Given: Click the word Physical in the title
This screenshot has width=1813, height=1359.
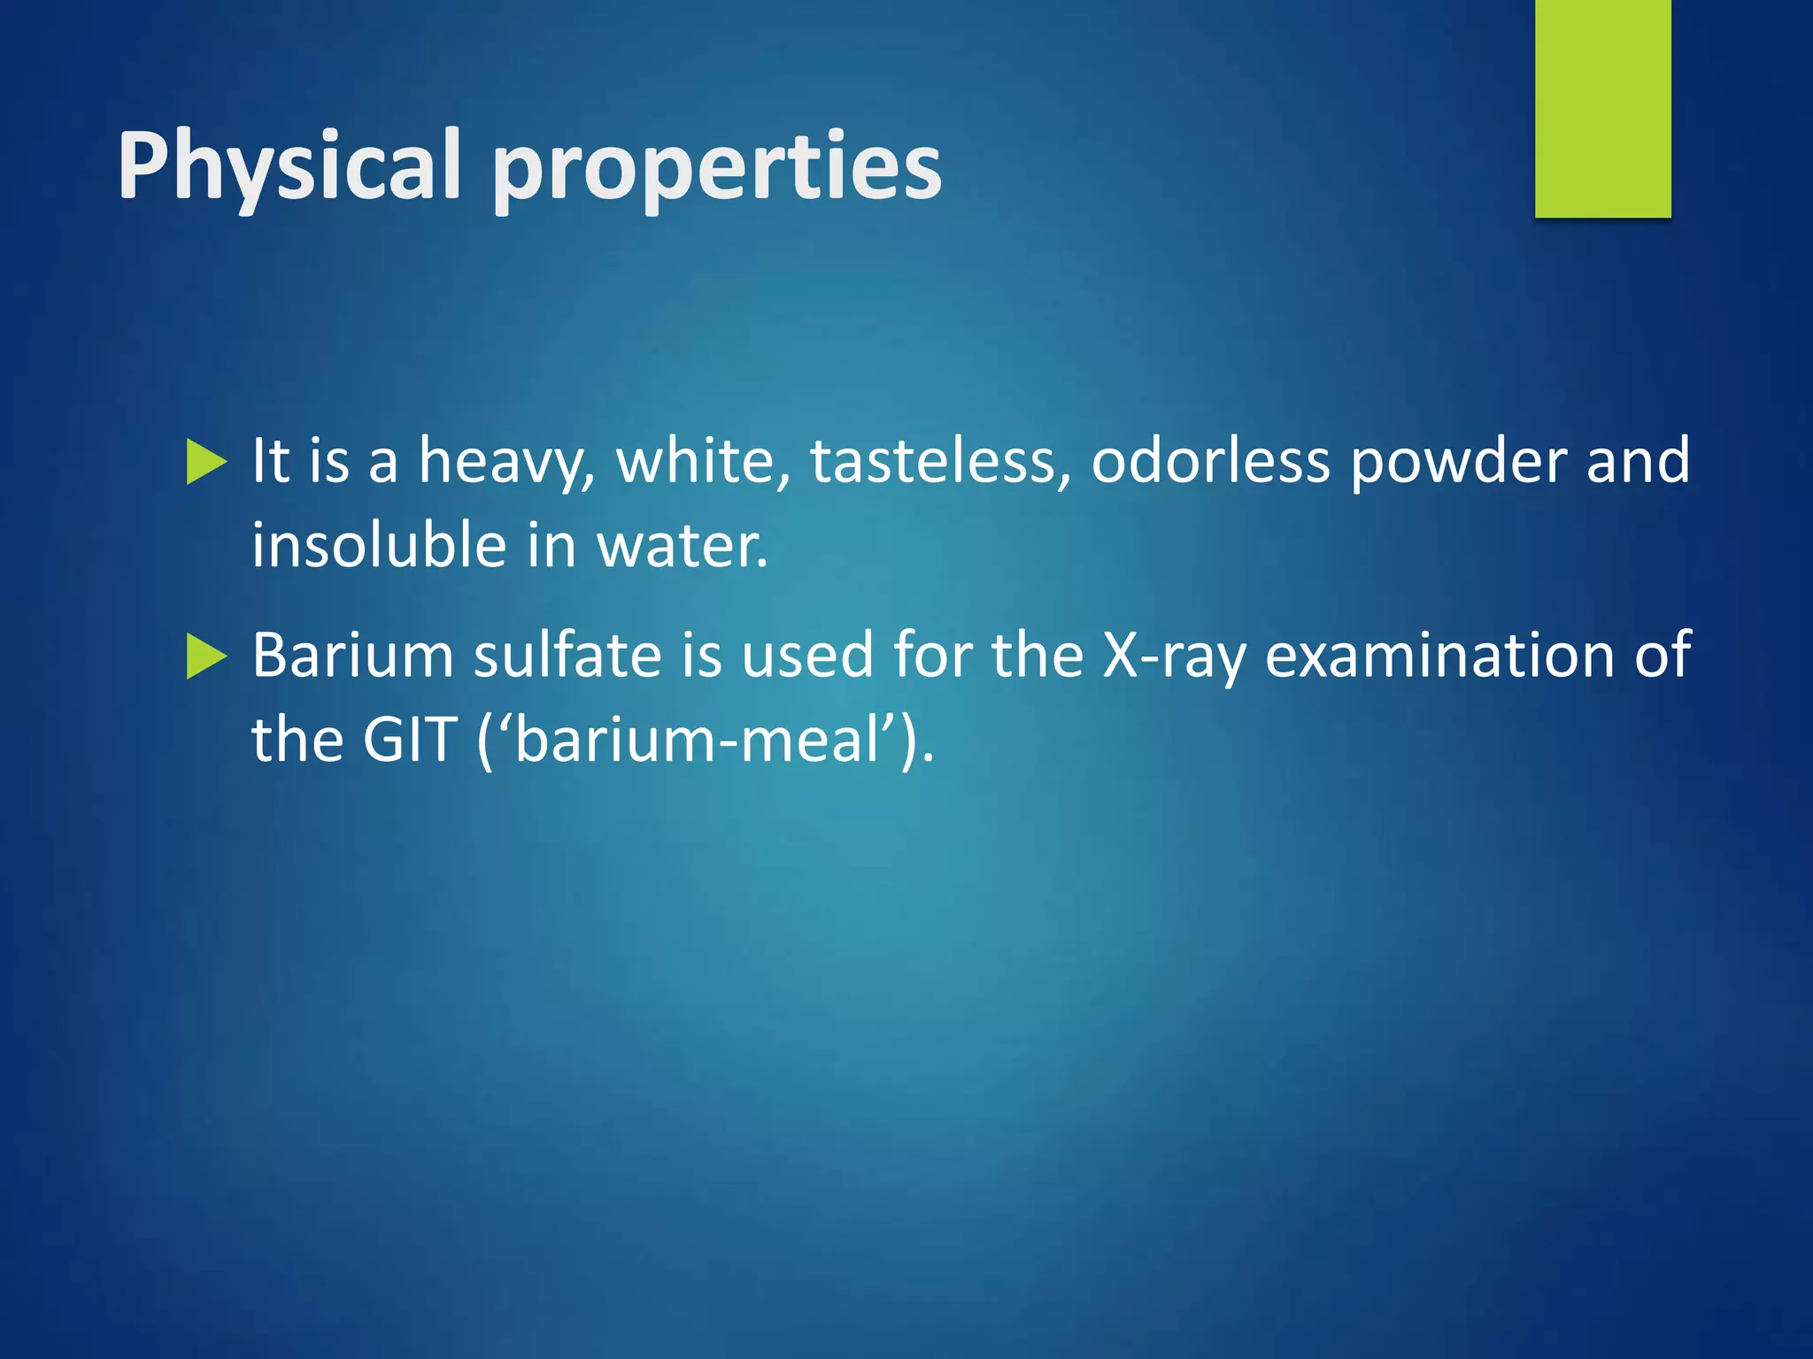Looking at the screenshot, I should [289, 166].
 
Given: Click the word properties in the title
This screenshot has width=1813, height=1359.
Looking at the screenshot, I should [716, 168].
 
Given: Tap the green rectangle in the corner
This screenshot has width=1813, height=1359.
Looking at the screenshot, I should [1602, 108].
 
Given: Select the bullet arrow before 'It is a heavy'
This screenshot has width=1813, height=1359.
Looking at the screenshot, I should [207, 463].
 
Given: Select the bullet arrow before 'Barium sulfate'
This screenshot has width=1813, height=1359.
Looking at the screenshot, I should [207, 657].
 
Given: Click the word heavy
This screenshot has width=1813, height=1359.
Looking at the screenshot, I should [505, 462].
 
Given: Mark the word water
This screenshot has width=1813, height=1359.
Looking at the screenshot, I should [682, 546].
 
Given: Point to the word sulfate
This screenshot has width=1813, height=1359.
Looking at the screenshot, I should [567, 655].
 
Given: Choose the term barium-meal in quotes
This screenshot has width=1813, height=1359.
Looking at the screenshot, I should [705, 739].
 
